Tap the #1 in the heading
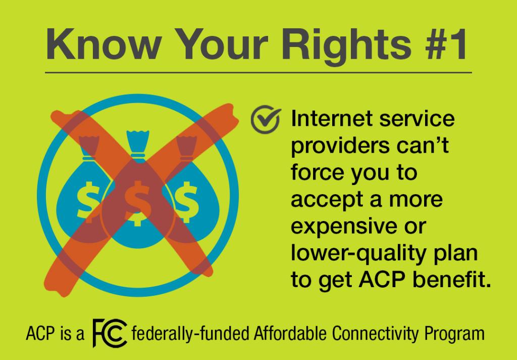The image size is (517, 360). [446, 44]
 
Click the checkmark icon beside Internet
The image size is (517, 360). [266, 119]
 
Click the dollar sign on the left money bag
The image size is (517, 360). [88, 200]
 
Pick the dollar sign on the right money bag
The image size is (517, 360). [186, 200]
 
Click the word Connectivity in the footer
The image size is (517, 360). [375, 334]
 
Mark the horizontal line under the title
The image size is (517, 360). [258, 72]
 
